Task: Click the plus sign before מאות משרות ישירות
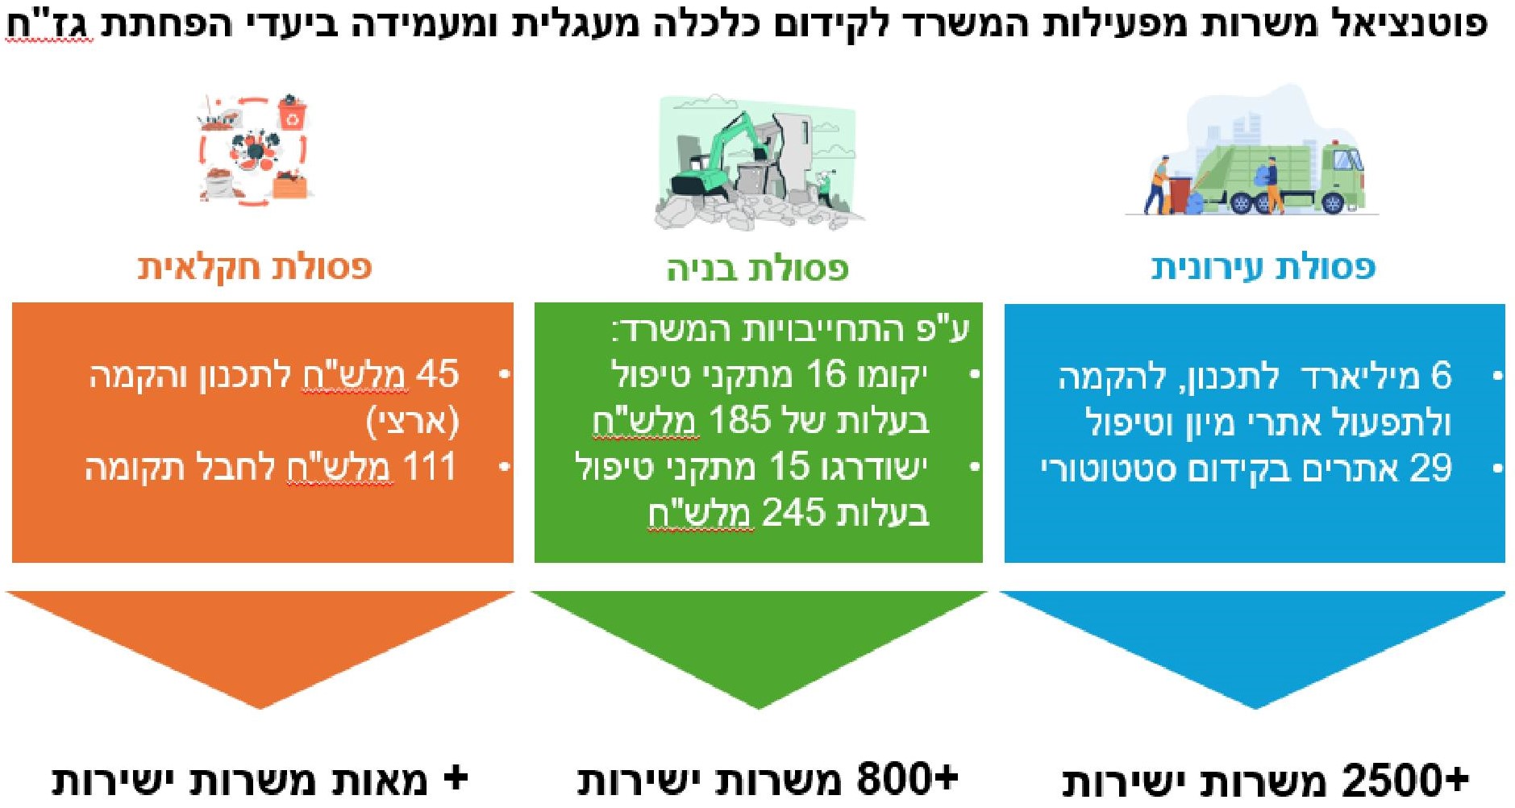click(456, 778)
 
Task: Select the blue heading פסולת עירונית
click(1263, 267)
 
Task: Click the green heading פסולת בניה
click(757, 268)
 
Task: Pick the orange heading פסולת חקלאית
click(255, 267)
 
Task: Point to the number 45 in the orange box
click(438, 374)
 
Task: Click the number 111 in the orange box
click(430, 467)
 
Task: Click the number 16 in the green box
click(826, 374)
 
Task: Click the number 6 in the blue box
click(1441, 376)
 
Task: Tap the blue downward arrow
click(1253, 645)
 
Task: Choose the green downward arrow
click(758, 645)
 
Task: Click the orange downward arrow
click(260, 645)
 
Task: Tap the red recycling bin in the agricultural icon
click(292, 114)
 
